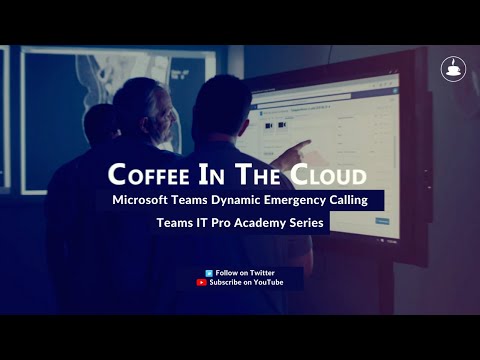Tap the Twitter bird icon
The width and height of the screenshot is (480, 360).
208,272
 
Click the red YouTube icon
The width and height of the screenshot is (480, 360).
202,283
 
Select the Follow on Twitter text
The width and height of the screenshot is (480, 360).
245,272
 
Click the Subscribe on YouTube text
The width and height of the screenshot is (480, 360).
246,283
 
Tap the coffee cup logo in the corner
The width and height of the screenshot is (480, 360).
453,69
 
